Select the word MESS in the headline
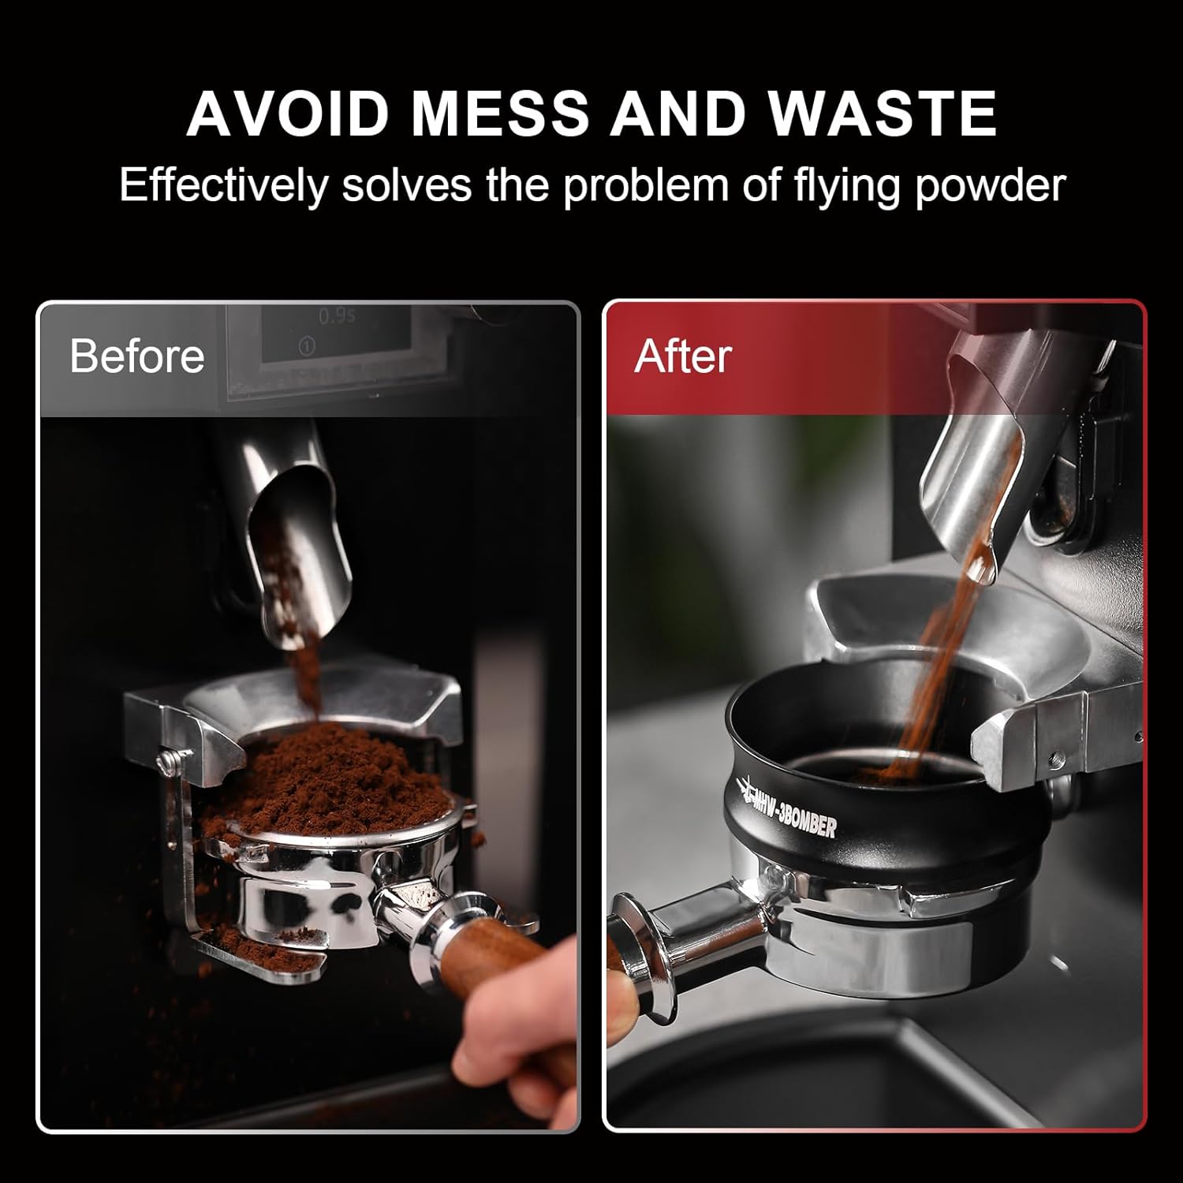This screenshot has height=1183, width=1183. (500, 114)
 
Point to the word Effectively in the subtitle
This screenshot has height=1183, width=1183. (222, 186)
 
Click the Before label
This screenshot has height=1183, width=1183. (136, 356)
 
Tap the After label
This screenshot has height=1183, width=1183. (682, 356)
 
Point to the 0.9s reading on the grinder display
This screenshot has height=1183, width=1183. (338, 317)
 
